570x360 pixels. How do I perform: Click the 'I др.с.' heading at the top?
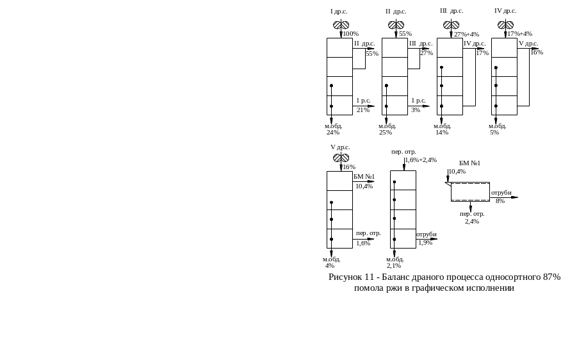coord(339,12)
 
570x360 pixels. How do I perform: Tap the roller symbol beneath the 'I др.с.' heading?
coord(340,25)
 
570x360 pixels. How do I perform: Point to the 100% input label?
coord(350,33)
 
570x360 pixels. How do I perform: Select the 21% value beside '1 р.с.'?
coord(362,110)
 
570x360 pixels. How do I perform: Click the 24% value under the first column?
coord(333,133)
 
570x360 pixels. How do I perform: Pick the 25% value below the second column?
coord(386,133)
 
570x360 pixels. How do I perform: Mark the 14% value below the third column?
coord(442,133)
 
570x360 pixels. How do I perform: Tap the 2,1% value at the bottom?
coord(394,265)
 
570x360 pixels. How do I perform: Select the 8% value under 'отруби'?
coord(500,200)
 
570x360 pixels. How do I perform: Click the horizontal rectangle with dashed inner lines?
coord(470,192)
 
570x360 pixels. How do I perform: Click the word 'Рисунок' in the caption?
coord(345,277)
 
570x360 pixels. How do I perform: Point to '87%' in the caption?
coord(551,277)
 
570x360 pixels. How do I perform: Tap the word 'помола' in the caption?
coord(368,288)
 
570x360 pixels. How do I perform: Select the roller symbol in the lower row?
coord(341,157)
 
